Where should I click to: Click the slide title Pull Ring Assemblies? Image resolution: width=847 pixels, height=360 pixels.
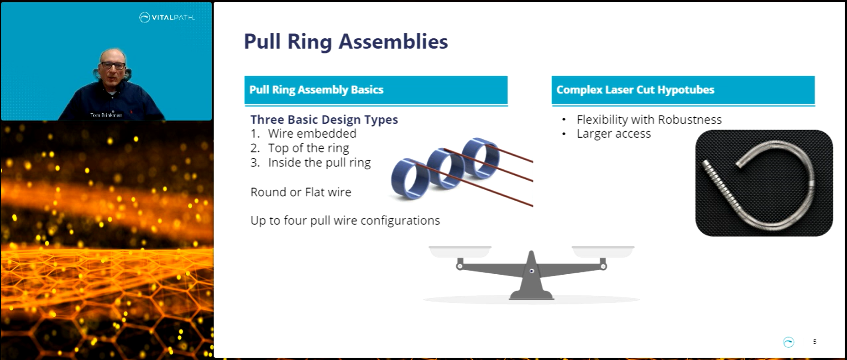coord(345,42)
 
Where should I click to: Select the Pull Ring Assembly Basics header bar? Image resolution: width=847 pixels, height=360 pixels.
coord(376,90)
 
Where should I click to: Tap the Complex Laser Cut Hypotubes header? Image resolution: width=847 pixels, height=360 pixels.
coord(683,90)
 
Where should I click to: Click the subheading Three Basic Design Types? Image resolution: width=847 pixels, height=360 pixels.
coord(324,120)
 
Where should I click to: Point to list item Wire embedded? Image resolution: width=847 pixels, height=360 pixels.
coord(312,134)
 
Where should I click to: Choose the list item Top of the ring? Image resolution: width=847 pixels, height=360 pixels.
coord(308,148)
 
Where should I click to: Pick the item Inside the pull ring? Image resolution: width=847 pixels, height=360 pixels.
coord(319,163)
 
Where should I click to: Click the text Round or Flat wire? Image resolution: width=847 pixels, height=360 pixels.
coord(301,192)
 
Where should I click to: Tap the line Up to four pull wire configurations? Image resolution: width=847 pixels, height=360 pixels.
coord(345,221)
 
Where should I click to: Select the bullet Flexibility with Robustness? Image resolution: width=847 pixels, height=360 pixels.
coord(649,120)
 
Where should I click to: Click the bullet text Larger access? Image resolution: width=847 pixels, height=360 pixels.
coord(613,134)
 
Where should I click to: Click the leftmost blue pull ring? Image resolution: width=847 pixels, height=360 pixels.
coord(408,179)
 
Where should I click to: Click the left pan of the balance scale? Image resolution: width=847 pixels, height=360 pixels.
coord(460,250)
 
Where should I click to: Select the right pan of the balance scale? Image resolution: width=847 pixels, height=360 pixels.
coord(603,250)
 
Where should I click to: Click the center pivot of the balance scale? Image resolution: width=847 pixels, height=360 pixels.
coord(531,271)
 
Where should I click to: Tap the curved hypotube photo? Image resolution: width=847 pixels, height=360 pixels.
coord(763,183)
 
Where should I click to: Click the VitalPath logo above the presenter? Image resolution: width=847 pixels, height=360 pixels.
coord(167,18)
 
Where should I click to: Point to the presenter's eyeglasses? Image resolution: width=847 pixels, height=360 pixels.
coord(112,66)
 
